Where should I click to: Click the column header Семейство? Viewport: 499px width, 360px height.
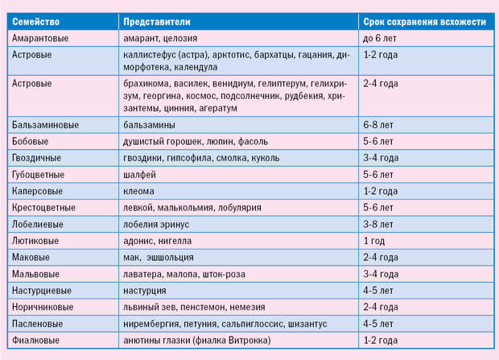pyautogui.click(x=35, y=22)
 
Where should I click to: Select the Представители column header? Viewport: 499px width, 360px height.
pyautogui.click(x=157, y=22)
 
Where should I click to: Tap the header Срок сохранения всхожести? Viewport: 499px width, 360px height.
pyautogui.click(x=424, y=22)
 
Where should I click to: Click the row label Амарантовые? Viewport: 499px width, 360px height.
pyautogui.click(x=40, y=38)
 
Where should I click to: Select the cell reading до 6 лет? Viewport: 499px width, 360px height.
pyautogui.click(x=380, y=38)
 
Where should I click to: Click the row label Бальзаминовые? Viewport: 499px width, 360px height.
pyautogui.click(x=45, y=125)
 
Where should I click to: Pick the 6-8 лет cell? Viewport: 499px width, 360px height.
pyautogui.click(x=378, y=125)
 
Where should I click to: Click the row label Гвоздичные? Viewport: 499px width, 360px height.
pyautogui.click(x=36, y=158)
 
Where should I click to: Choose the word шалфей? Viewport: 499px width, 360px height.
pyautogui.click(x=139, y=175)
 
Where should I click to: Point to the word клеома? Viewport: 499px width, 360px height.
pyautogui.click(x=138, y=191)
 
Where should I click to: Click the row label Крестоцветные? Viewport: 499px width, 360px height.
pyautogui.click(x=43, y=208)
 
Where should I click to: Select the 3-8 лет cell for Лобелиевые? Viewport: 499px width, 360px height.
pyautogui.click(x=378, y=224)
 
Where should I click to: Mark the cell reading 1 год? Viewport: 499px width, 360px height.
pyautogui.click(x=374, y=241)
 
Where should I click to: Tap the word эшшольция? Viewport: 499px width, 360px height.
pyautogui.click(x=171, y=258)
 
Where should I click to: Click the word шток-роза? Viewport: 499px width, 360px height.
pyautogui.click(x=224, y=274)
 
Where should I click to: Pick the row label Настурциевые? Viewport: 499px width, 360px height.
pyautogui.click(x=42, y=291)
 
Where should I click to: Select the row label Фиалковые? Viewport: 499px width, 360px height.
pyautogui.click(x=35, y=340)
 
